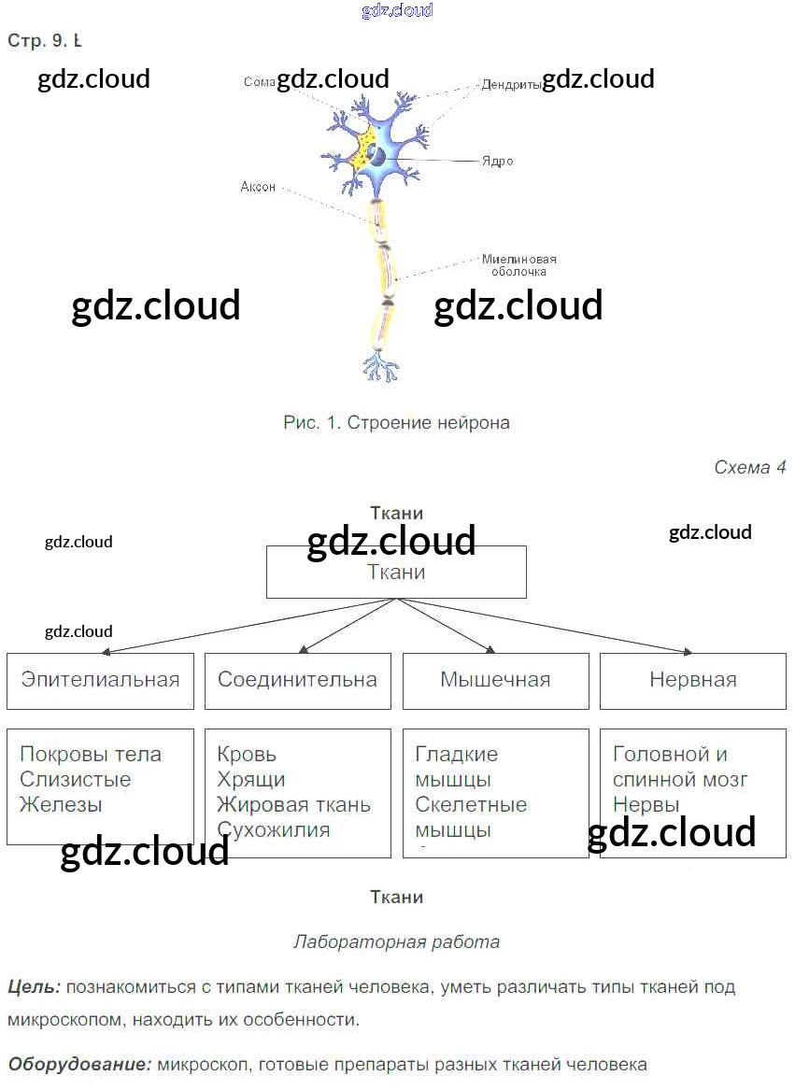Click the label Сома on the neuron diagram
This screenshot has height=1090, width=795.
[x=258, y=82]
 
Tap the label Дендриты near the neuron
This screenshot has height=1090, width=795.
[x=511, y=84]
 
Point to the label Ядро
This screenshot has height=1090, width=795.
[x=497, y=161]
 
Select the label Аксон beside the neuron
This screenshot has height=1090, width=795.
[x=258, y=187]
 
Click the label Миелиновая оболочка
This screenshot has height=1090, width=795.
[x=519, y=265]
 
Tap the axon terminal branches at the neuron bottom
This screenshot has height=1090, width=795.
[x=379, y=366]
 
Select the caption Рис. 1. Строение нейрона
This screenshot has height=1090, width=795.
[x=396, y=423]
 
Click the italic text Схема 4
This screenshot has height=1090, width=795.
[x=749, y=468]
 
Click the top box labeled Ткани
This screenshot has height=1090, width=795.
[x=396, y=573]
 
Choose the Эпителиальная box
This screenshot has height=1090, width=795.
[x=100, y=680]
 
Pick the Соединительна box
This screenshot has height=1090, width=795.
[x=297, y=680]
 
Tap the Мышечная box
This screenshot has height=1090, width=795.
[x=495, y=680]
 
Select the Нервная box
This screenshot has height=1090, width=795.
[x=692, y=680]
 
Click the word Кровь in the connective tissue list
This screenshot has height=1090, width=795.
[x=247, y=755]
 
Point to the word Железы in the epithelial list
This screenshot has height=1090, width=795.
[x=61, y=804]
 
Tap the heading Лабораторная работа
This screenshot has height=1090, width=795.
[x=396, y=941]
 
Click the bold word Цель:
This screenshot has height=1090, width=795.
[x=34, y=986]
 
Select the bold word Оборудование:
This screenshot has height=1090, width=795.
[x=79, y=1064]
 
